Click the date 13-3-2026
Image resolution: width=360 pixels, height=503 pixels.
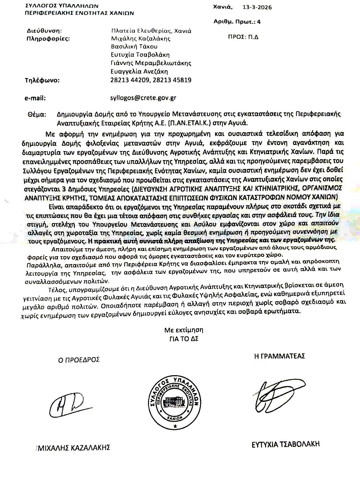[x=257, y=7]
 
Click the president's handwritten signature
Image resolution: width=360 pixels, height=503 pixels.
[x=67, y=403]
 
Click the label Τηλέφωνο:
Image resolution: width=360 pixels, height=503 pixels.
[x=42, y=81]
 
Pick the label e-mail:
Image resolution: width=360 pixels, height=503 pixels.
[x=35, y=98]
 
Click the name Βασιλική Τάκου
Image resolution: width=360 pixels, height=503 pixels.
[x=134, y=47]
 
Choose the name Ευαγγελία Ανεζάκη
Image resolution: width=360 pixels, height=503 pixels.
[x=139, y=71]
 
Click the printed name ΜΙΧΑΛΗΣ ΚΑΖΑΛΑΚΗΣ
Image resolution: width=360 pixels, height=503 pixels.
[x=74, y=448]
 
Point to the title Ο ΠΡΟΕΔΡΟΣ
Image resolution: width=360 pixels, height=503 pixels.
[x=79, y=359]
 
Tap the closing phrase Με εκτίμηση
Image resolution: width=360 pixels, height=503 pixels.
[x=184, y=330]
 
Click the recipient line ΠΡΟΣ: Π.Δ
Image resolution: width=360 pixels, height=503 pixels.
[x=243, y=37]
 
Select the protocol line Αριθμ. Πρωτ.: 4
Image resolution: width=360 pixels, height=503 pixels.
[x=237, y=22]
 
